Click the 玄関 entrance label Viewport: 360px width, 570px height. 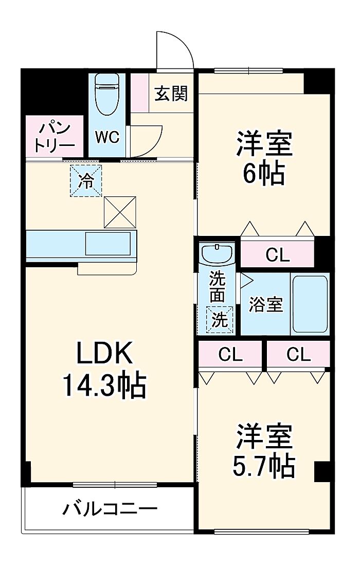coord(172,94)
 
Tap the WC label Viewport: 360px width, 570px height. coord(107,137)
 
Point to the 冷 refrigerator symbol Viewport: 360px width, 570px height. coord(86,180)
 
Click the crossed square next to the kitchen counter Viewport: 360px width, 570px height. coord(121,211)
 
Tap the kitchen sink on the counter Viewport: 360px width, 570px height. coord(107,244)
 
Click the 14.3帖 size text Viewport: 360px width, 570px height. coord(104,385)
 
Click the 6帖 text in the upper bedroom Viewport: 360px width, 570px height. coord(264,174)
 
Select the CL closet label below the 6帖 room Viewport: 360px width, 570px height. coord(277,254)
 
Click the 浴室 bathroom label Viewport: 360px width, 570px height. coord(266,304)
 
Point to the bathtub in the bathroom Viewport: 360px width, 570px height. coord(310,304)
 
